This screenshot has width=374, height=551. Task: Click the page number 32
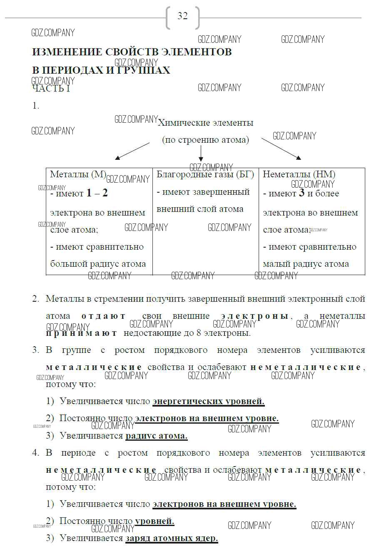(182, 16)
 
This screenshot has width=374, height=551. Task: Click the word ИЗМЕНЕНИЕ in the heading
(67, 52)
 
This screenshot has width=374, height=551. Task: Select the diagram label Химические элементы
(205, 123)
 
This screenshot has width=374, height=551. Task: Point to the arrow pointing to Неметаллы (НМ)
(280, 149)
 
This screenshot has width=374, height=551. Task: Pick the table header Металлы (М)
(78, 174)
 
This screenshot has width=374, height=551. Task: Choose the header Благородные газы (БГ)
(205, 174)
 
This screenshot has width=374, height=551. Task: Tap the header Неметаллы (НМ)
(299, 174)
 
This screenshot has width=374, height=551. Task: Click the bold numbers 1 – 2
(97, 193)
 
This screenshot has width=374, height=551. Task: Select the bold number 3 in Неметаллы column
(302, 193)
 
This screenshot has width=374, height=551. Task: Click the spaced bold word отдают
(103, 316)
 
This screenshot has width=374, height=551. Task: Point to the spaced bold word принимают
(82, 333)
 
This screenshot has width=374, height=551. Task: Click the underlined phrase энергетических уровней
(208, 402)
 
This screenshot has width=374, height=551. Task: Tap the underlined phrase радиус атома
(156, 436)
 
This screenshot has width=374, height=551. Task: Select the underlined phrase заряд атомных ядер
(171, 538)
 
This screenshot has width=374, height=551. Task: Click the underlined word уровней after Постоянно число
(155, 521)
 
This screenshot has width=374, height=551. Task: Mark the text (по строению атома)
(205, 140)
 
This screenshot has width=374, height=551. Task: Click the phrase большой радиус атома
(98, 264)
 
